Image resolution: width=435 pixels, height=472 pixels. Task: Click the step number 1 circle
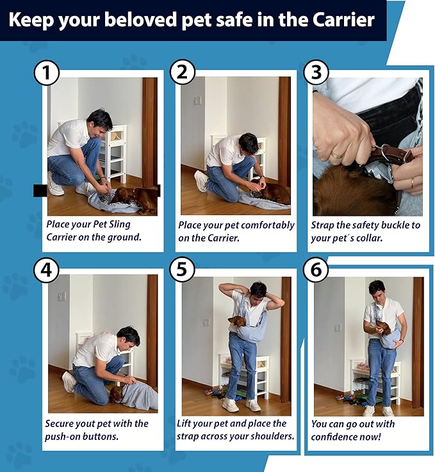click(x=46, y=72)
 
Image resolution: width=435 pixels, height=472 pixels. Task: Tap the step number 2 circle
click(x=183, y=72)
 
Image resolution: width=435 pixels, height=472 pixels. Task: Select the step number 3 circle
click(x=316, y=72)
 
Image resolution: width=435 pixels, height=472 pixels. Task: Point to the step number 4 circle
click(x=46, y=270)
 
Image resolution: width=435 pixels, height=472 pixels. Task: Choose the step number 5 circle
click(x=182, y=269)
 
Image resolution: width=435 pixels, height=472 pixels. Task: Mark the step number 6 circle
click(x=316, y=269)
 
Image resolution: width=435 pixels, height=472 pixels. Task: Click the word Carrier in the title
click(x=343, y=20)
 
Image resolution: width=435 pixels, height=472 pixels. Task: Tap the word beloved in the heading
click(x=140, y=20)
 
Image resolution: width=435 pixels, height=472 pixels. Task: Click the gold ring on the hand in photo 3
click(x=338, y=156)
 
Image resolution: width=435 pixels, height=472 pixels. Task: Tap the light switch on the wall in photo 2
click(x=198, y=101)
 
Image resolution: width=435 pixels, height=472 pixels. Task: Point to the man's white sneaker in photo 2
click(x=201, y=181)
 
